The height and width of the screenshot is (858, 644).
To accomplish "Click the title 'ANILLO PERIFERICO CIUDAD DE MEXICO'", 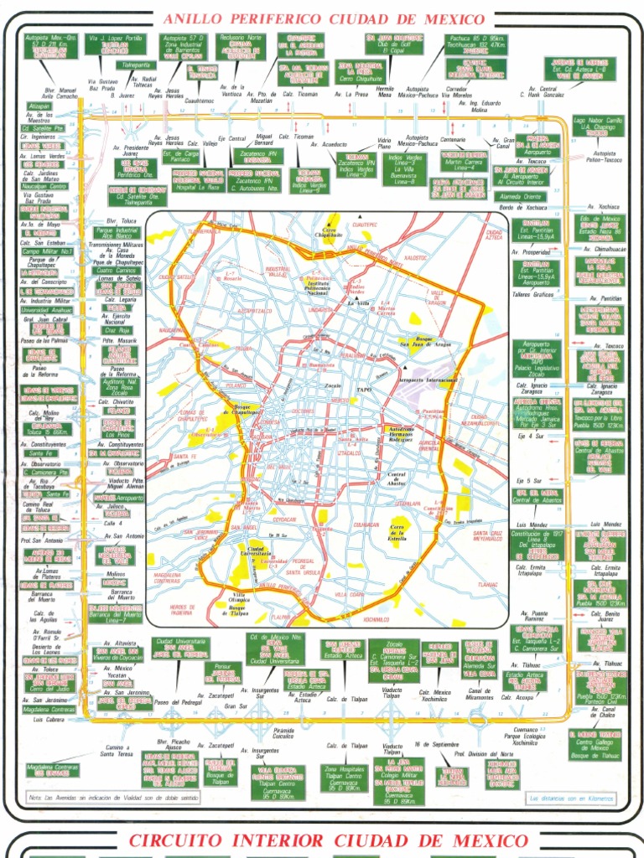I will (x=321, y=18).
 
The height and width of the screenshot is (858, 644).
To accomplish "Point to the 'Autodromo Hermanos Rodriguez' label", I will (x=408, y=432).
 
